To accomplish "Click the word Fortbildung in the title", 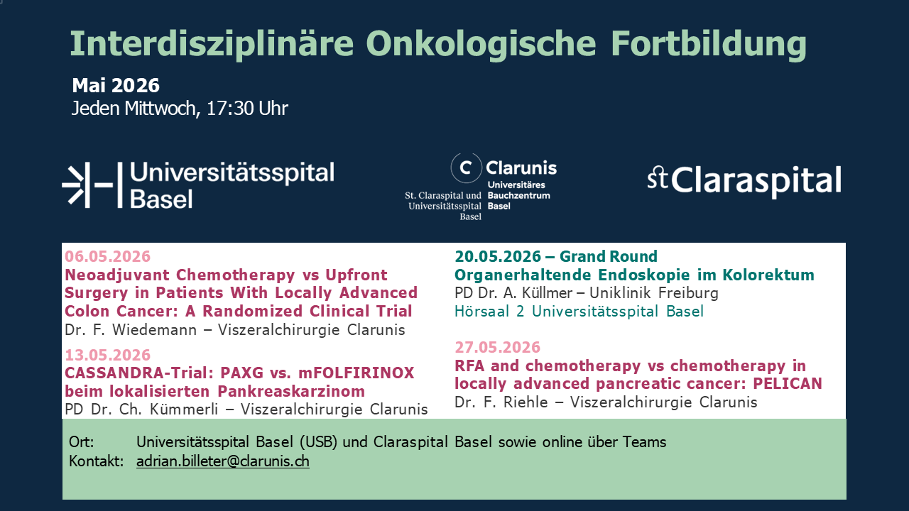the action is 709,45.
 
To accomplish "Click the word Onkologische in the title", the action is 481,45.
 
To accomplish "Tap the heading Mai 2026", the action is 116,86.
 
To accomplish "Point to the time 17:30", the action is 230,109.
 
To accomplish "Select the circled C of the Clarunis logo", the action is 466,167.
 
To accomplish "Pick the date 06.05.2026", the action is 107,256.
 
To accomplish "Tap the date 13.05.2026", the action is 107,355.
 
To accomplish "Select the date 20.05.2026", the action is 498,256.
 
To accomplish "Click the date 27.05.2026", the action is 498,347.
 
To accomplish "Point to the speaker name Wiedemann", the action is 154,330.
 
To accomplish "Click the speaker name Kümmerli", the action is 184,410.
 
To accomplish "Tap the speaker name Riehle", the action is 526,402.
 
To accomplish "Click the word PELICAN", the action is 788,384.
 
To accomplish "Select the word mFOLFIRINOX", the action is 356,373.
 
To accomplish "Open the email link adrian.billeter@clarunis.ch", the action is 223,461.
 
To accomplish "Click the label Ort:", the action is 81,441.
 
